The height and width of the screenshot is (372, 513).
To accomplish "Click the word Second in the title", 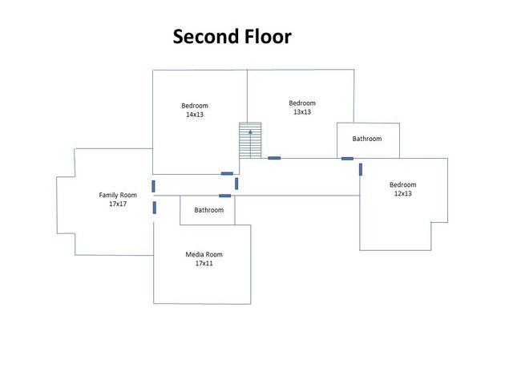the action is (206, 36).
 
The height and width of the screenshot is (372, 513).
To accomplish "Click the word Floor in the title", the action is (268, 36).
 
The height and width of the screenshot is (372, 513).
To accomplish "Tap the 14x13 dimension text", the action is (195, 115).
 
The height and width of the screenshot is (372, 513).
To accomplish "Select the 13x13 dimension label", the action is (302, 112).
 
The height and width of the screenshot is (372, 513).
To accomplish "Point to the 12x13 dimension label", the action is (402, 193).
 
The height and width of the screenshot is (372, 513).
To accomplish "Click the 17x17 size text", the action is (118, 204).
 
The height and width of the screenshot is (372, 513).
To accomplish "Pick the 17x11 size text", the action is (204, 263).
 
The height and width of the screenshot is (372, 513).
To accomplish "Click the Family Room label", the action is (118, 195).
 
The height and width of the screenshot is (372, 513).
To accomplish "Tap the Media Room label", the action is (204, 254).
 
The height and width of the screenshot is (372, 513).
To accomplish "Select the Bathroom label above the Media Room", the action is (209, 210).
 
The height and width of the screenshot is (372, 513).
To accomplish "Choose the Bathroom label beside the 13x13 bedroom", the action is (367, 139).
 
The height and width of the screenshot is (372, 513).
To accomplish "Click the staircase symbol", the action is (250, 140).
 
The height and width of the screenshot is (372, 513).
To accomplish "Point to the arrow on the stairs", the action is (250, 144).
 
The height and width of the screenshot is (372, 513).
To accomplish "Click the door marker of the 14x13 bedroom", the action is (227, 174).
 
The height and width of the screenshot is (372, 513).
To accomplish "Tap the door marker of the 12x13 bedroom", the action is (361, 169).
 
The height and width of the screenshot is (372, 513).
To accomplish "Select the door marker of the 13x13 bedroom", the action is (274, 158).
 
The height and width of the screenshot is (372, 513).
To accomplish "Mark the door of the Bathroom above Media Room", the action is (224, 196).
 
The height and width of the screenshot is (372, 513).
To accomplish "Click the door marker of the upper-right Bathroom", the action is (347, 159).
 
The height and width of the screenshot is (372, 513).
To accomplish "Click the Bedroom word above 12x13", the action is (402, 184).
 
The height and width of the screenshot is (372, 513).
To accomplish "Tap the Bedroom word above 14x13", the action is (195, 106).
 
